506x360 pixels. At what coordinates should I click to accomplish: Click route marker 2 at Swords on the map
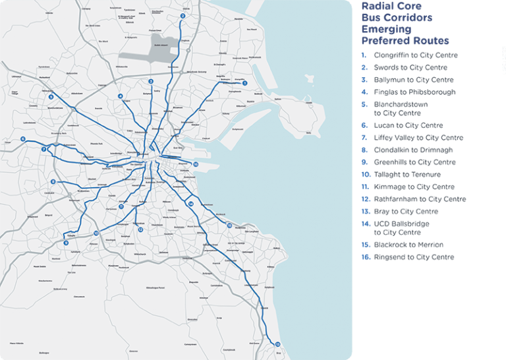coord(183,16)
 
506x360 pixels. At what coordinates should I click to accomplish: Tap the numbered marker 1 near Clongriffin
coord(245,83)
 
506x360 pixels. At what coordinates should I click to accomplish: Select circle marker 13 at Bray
coord(277,344)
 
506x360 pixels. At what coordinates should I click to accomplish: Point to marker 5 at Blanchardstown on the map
coord(51,97)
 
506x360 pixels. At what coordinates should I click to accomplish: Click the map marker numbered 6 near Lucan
coord(23,139)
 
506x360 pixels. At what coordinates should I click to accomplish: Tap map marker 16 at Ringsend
coord(196,164)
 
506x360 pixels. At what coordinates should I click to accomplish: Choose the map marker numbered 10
coord(96,233)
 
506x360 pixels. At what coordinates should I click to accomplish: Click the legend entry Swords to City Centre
coord(410,67)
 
